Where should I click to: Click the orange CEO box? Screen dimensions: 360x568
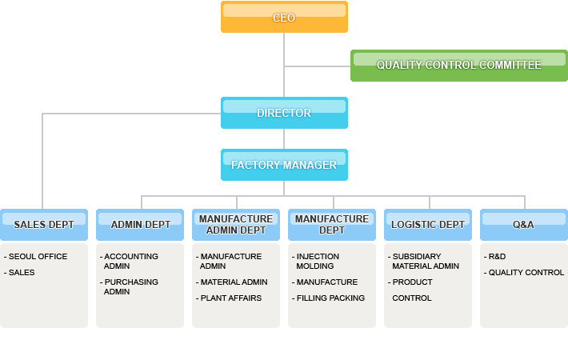pos(284,17)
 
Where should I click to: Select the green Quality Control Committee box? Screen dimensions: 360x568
pos(458,65)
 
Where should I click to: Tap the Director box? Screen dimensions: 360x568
pos(284,113)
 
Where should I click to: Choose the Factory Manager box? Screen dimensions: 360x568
pos(284,165)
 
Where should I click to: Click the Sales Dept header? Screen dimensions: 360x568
pos(44,225)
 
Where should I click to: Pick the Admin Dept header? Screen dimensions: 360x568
pos(140,225)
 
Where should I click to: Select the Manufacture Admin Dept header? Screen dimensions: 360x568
pos(236,225)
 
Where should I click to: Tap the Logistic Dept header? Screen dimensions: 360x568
pos(428,225)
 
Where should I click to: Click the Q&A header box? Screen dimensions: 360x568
pos(524,225)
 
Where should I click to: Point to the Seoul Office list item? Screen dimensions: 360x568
pos(38,257)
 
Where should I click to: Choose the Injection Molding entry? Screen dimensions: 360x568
pos(318,262)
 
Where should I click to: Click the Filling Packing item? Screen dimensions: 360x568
pos(330,298)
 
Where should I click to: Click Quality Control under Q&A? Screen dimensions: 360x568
pos(525,273)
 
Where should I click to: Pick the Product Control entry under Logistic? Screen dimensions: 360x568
pos(412,290)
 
